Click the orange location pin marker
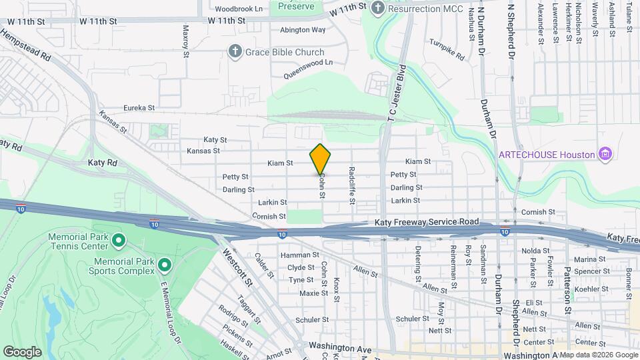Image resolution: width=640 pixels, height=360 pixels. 321,159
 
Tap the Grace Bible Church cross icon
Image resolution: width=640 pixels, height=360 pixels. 235,52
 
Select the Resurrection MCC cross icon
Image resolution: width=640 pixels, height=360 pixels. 378,8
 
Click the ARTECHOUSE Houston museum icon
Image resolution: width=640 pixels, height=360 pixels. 605,155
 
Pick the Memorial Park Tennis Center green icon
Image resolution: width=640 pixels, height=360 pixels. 119,239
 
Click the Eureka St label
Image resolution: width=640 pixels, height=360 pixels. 139,107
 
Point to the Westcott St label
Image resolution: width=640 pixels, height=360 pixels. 237,268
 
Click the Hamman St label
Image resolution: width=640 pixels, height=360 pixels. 299,255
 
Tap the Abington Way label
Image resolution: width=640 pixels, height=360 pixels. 303,29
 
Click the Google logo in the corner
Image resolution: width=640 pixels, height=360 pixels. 22,351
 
